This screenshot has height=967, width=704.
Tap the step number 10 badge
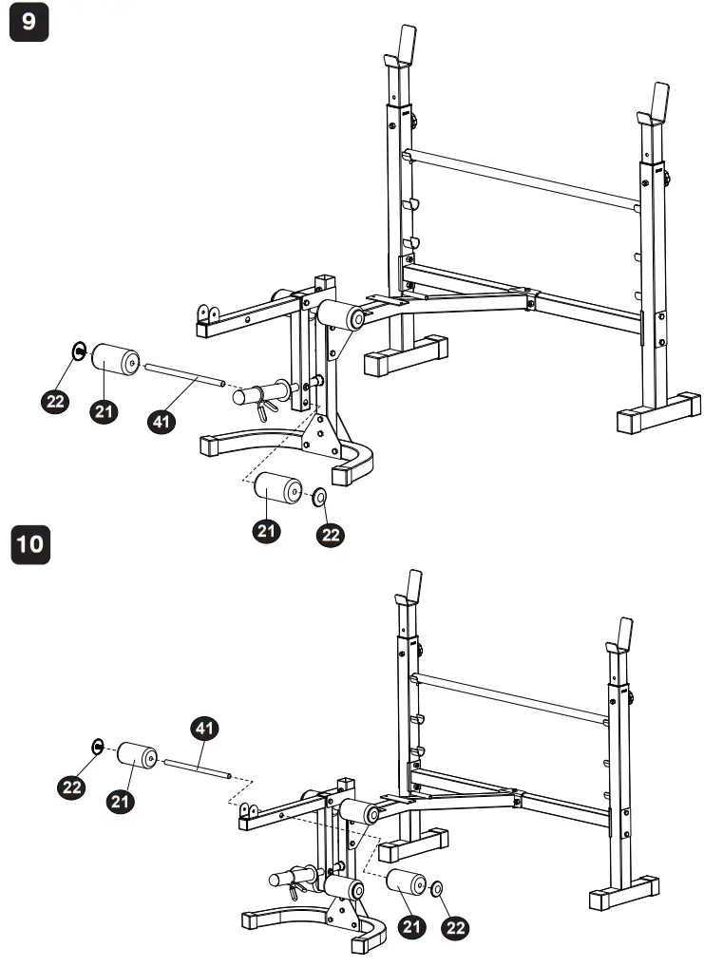(29, 544)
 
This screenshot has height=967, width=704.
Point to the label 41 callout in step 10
(203, 730)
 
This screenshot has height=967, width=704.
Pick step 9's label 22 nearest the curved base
(331, 535)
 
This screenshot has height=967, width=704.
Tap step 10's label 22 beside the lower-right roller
(456, 927)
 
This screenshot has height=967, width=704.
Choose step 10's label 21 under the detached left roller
(120, 801)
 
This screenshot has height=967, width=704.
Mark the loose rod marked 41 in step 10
(198, 767)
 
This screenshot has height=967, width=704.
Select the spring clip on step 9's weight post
(265, 407)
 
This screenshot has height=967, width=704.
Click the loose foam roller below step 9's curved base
(276, 491)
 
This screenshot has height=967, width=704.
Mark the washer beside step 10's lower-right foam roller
(437, 887)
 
